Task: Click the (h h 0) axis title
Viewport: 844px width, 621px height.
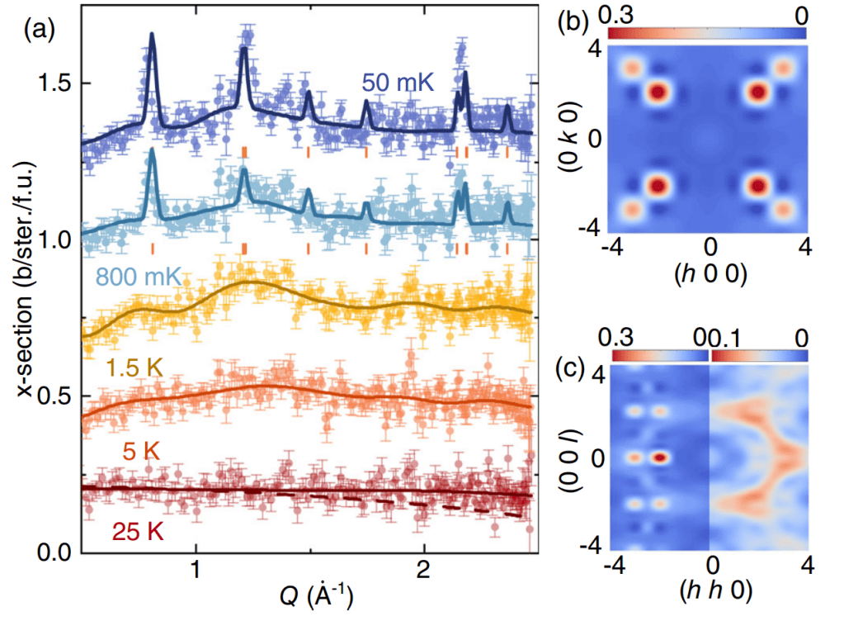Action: point(710,593)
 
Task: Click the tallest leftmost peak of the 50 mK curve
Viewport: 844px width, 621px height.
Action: point(152,35)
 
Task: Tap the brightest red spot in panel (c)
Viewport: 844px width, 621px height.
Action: point(659,456)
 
